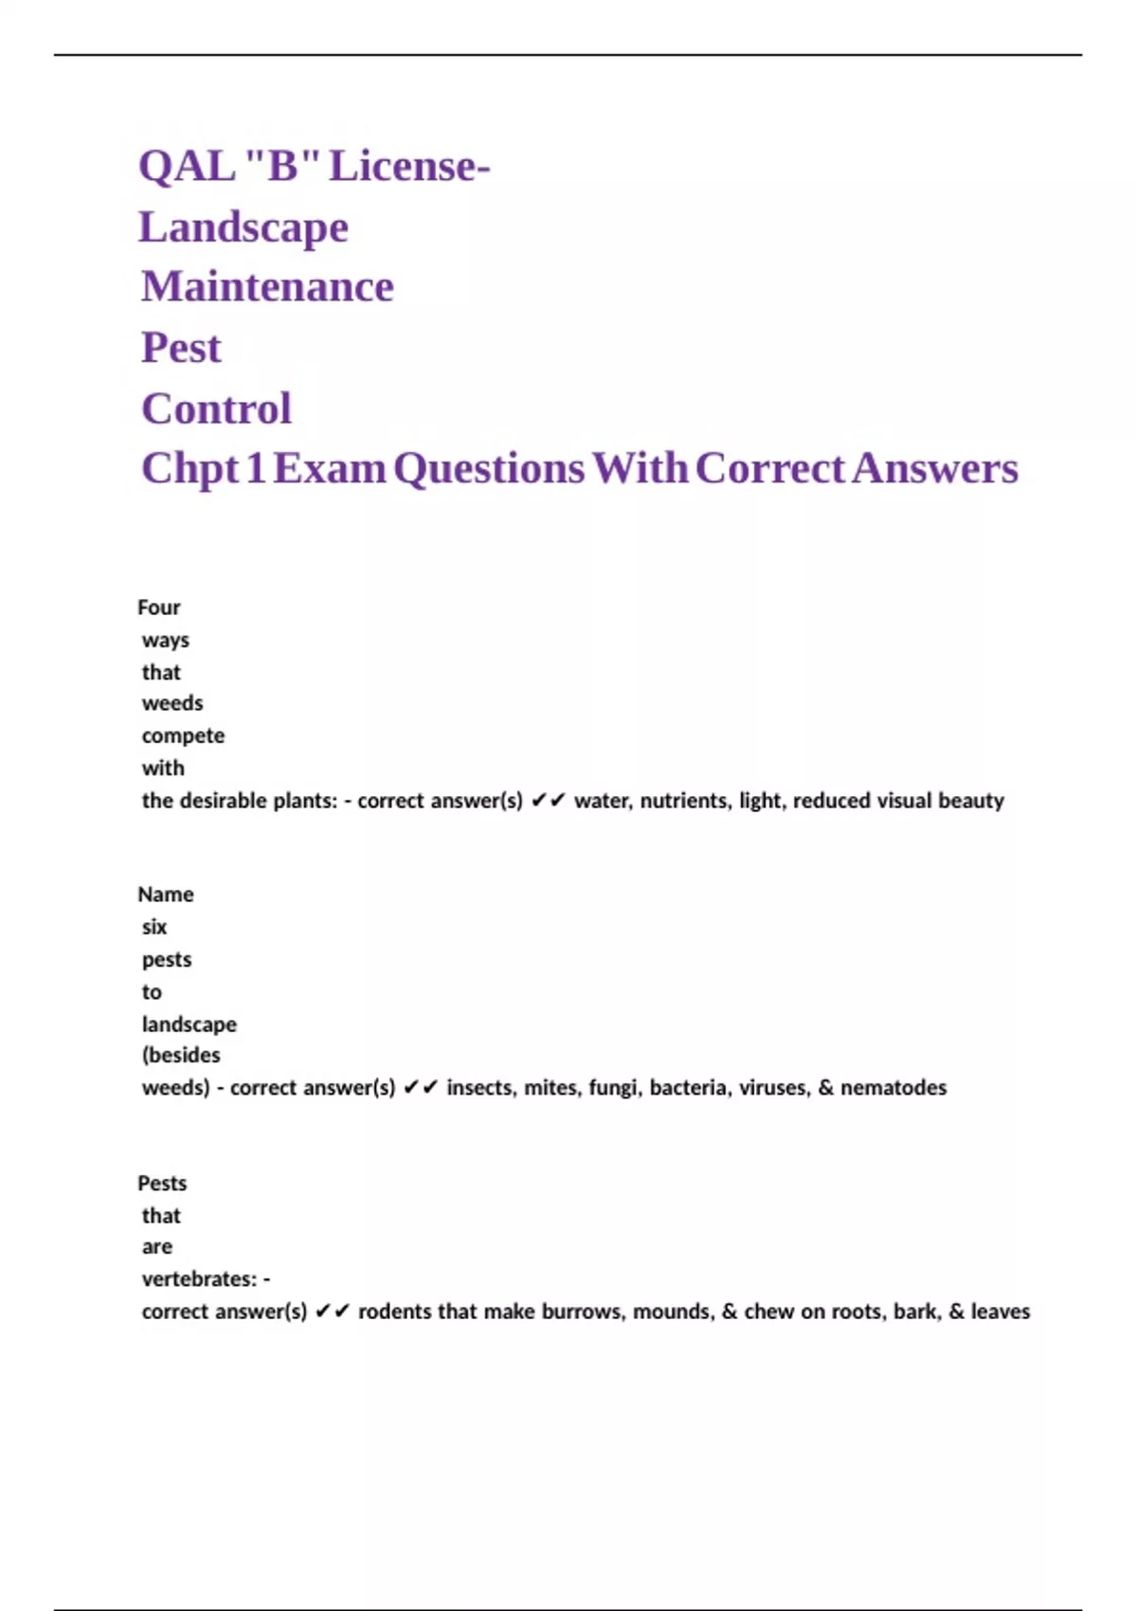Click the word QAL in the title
click(x=187, y=167)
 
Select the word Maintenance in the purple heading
click(x=267, y=287)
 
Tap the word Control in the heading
click(x=216, y=409)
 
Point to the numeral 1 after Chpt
click(x=255, y=469)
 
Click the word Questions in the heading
click(x=489, y=469)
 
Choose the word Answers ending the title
click(x=934, y=469)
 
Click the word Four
click(x=158, y=607)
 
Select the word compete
click(x=183, y=736)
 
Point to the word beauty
click(x=970, y=801)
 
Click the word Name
click(x=166, y=895)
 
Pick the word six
click(x=154, y=927)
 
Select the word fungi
click(x=614, y=1088)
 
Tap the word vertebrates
click(x=198, y=1279)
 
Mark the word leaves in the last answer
click(x=1000, y=1312)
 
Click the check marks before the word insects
click(x=421, y=1088)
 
